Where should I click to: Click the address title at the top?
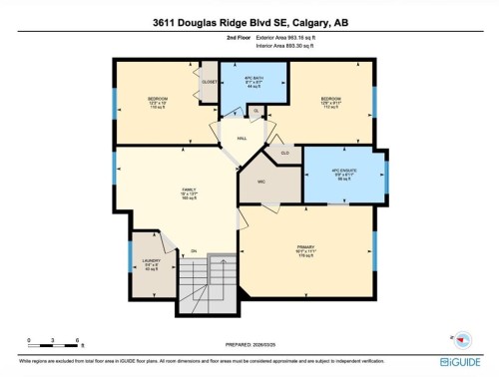point(249,23)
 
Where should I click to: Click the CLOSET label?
point(210,82)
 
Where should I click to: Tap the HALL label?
point(242,138)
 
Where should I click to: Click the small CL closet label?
point(255,110)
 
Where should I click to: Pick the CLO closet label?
point(284,152)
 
